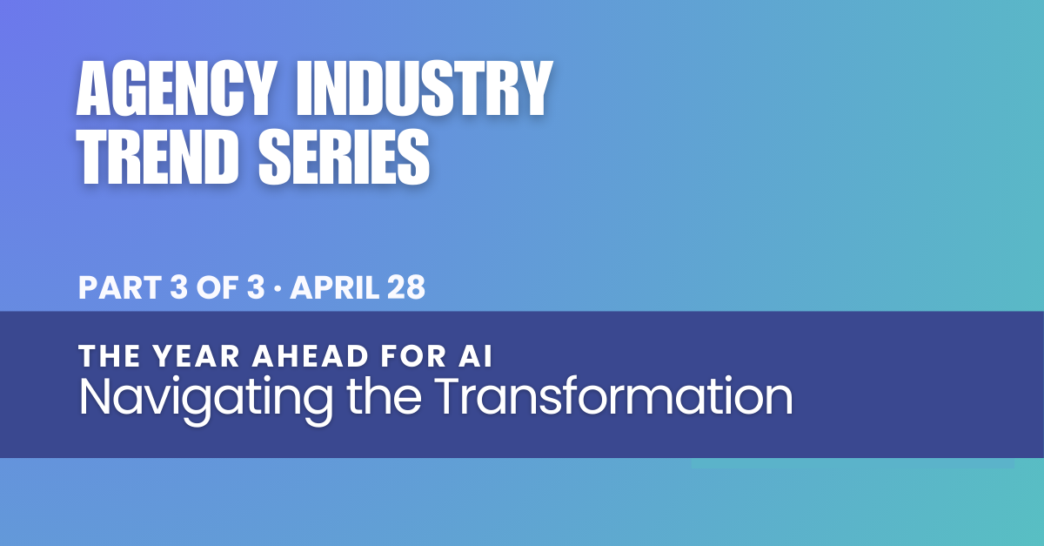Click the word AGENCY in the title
(174, 88)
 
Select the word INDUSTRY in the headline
(425, 88)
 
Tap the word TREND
(158, 157)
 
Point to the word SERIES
(344, 157)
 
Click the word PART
(120, 287)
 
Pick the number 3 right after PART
(178, 287)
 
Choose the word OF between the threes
(217, 287)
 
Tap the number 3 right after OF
(256, 287)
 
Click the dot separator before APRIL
(278, 288)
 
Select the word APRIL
(335, 287)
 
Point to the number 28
(406, 287)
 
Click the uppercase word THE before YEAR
(110, 356)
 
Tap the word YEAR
(197, 356)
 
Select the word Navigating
(206, 399)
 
